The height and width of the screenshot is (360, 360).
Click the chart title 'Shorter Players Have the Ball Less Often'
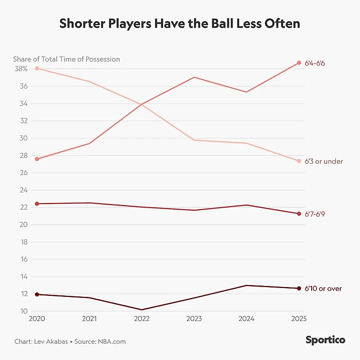[x=180, y=24]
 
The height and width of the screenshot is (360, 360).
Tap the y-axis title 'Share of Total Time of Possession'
[x=67, y=59]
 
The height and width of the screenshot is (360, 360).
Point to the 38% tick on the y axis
[x=21, y=69]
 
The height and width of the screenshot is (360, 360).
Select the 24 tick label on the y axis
[x=23, y=190]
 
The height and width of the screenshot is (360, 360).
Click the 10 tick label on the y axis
[x=23, y=311]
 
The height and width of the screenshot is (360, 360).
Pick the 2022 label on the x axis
[x=142, y=319]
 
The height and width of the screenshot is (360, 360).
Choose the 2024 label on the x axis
[x=246, y=319]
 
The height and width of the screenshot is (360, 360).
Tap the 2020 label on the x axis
[x=37, y=319]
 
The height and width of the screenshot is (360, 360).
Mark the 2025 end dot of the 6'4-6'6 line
[x=299, y=63]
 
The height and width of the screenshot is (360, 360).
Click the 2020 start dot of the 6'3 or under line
[x=37, y=69]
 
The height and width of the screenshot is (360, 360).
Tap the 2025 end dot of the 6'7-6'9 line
[x=299, y=214]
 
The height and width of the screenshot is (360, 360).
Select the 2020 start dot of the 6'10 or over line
[x=37, y=294]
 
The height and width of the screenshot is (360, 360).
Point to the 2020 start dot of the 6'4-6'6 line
[x=37, y=159]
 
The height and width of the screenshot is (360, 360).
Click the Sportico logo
[x=325, y=340]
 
